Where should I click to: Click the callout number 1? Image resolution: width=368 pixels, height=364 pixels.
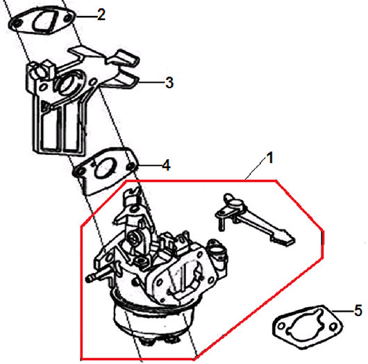point(270,158)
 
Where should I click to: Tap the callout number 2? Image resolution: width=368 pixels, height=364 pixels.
point(101,15)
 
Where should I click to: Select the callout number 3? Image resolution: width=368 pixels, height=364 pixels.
point(169,83)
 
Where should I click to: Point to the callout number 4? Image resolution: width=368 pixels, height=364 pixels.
point(166,165)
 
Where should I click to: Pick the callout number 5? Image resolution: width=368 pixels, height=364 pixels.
point(358,311)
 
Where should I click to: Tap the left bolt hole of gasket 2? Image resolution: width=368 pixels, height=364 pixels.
point(17,24)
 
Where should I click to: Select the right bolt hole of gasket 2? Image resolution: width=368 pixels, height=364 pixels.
point(67,18)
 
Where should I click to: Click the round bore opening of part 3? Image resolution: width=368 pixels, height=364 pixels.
point(69,83)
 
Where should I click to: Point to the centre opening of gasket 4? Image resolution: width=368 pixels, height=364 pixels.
point(104,168)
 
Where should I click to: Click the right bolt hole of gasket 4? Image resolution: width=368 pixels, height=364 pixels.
point(130,167)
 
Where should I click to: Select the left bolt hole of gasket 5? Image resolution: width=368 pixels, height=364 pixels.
point(281,326)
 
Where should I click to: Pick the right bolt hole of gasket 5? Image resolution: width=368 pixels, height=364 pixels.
point(333,326)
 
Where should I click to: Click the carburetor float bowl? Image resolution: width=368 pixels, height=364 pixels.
point(153,318)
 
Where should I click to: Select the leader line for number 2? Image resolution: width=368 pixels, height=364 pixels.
point(85,16)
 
